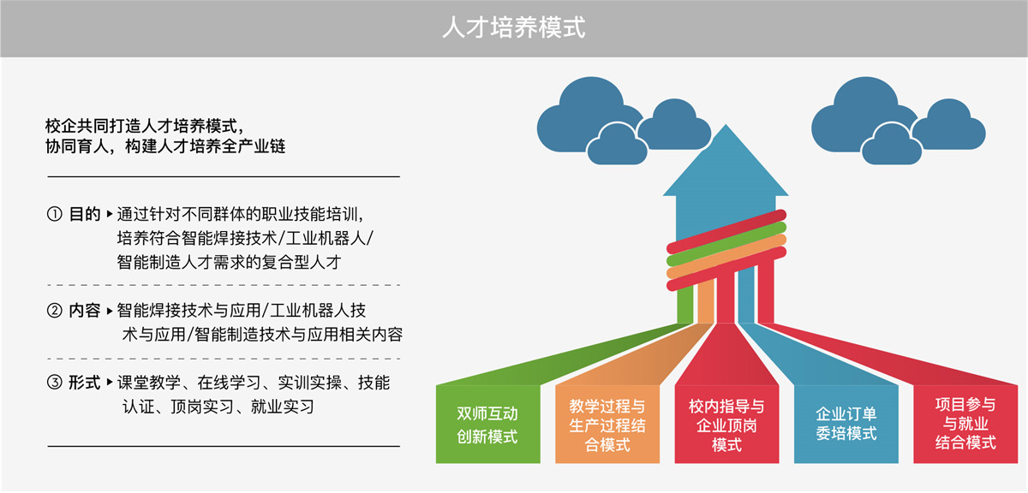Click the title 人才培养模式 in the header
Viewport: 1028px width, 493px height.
513,27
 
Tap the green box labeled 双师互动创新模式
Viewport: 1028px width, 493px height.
487,425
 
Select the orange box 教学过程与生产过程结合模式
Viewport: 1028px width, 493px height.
607,425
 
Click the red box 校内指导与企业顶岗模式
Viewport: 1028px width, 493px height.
726,425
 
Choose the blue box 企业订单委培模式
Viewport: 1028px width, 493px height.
846,425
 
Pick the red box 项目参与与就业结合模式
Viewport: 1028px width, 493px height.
965,425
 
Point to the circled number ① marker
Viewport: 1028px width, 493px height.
55,214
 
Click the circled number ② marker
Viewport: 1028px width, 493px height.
55,311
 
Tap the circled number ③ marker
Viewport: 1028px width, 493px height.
55,382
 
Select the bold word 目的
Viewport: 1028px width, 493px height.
85,214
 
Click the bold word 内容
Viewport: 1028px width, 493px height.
85,311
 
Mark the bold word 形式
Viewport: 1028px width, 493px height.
85,382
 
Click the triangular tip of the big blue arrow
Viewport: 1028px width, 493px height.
726,126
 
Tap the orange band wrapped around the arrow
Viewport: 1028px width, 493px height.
726,257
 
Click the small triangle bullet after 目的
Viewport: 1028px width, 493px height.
110,214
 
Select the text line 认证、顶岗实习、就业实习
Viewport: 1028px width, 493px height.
218,407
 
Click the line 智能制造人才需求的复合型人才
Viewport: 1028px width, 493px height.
229,262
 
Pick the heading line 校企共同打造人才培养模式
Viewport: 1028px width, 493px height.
144,126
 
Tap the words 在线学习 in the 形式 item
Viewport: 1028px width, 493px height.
229,383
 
